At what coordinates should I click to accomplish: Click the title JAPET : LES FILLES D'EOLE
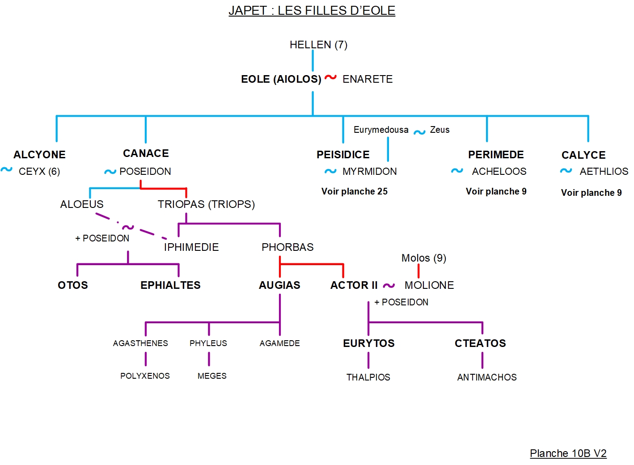click(x=312, y=10)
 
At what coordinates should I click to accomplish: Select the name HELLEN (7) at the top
click(x=318, y=45)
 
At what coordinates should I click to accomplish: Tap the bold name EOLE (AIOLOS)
click(x=281, y=79)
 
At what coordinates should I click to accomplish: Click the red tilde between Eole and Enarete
click(x=330, y=77)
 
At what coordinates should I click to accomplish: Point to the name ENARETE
click(x=367, y=79)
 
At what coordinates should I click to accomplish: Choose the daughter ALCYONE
click(x=39, y=155)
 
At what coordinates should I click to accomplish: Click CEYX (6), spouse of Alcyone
click(x=39, y=171)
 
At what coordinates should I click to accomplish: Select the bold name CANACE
click(x=146, y=153)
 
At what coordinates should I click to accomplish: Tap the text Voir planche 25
click(x=354, y=191)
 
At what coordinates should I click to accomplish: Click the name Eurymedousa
click(x=380, y=130)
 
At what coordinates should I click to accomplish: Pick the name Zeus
click(x=440, y=130)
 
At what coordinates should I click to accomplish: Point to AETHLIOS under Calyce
click(x=604, y=171)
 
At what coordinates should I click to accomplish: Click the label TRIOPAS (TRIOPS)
click(x=206, y=204)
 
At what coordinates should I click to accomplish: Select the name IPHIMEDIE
click(x=191, y=247)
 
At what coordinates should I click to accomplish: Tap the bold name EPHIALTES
click(x=170, y=285)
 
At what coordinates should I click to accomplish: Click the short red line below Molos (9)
click(x=418, y=271)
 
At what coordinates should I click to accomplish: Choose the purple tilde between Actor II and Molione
click(x=389, y=285)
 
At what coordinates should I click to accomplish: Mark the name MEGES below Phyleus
click(x=212, y=376)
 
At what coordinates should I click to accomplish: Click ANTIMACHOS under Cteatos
click(x=486, y=377)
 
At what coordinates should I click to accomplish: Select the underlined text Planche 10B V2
click(x=568, y=453)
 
